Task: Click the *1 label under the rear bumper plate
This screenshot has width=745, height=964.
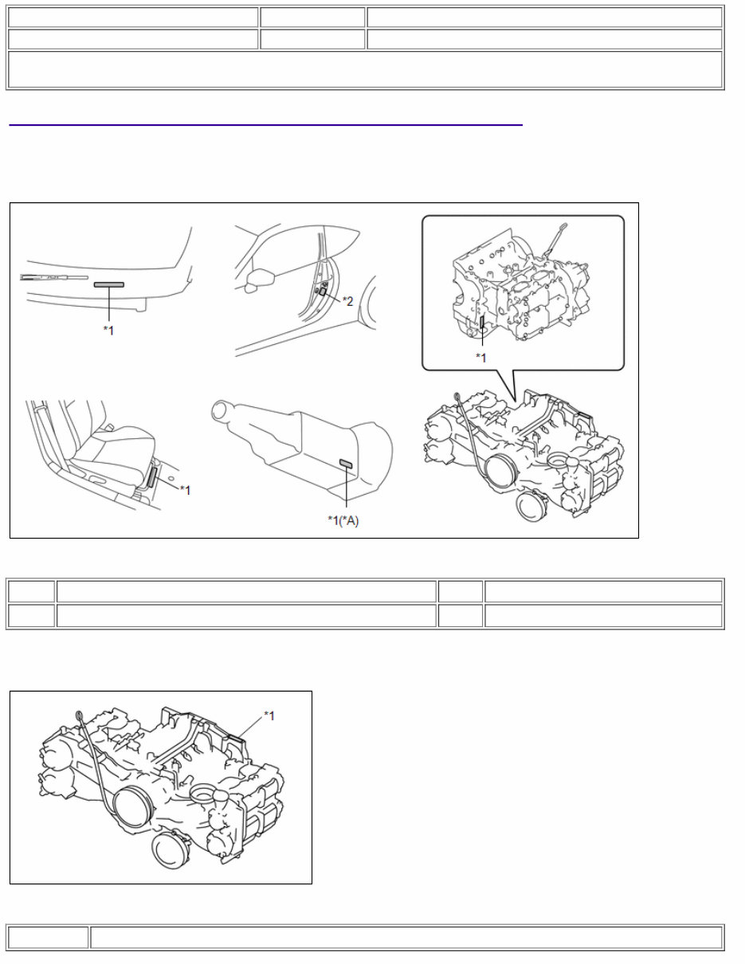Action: tap(108, 330)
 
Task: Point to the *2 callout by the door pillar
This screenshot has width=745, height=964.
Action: tap(347, 300)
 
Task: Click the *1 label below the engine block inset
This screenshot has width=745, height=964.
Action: tap(481, 358)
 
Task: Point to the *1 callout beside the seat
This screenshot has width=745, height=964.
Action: tap(185, 490)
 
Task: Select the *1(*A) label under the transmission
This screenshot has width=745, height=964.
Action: tap(343, 520)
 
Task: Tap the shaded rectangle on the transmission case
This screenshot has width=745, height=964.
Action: tap(347, 464)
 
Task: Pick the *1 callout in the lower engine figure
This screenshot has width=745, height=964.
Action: tap(269, 715)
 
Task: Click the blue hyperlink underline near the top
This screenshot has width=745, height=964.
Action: tap(265, 125)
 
